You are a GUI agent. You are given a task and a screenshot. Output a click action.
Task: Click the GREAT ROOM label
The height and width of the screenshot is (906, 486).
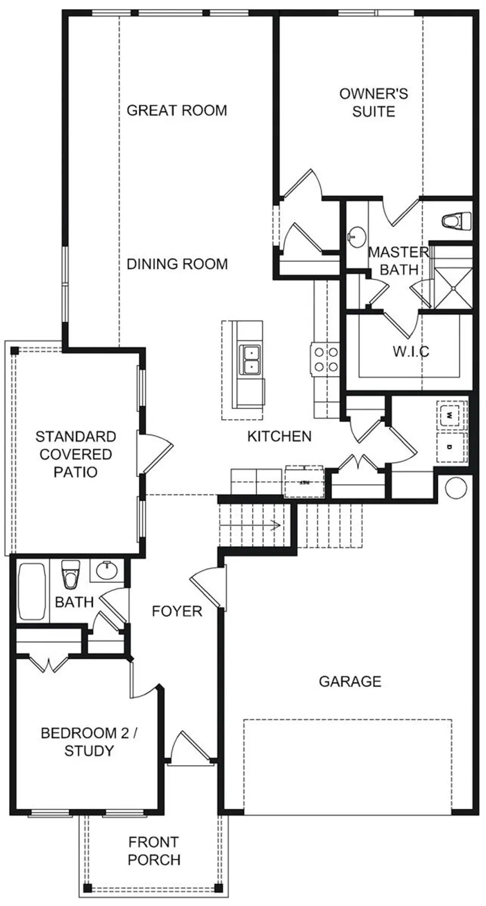177,110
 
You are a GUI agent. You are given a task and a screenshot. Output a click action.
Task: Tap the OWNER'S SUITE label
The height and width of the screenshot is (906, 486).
374,102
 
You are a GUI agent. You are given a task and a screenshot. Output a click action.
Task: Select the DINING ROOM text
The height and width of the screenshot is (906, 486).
177,264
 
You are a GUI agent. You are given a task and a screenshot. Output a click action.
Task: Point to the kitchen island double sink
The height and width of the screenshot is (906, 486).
249,360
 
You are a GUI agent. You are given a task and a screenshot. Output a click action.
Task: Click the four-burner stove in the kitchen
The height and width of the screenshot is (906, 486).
326,359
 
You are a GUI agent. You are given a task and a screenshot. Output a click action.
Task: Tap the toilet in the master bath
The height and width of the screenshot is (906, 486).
456,221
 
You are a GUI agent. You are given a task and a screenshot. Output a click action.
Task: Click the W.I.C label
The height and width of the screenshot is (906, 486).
411,351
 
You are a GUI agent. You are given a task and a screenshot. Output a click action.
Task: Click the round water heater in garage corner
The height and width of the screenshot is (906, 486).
456,487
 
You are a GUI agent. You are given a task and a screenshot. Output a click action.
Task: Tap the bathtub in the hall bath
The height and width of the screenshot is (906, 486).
31,592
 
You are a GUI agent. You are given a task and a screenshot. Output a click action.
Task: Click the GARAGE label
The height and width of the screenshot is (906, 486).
350,681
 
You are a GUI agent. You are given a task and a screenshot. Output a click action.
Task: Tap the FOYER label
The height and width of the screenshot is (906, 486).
177,611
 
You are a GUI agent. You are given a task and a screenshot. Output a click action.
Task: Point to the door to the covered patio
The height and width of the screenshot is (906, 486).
155,451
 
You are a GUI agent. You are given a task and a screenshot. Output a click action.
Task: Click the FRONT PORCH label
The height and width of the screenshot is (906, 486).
154,851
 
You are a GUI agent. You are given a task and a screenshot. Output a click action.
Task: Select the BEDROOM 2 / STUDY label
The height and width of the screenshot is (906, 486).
89,742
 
